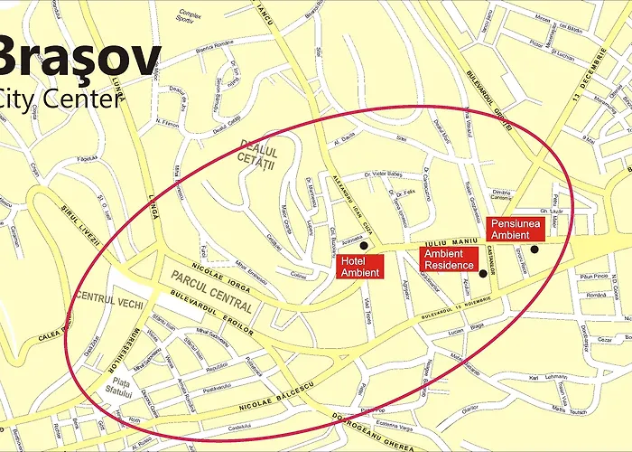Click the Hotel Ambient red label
[360, 266]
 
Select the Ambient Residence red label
[449, 259]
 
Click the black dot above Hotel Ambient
[365, 245]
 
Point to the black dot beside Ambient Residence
[483, 273]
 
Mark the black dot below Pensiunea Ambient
[534, 250]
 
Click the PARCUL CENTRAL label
[209, 290]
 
